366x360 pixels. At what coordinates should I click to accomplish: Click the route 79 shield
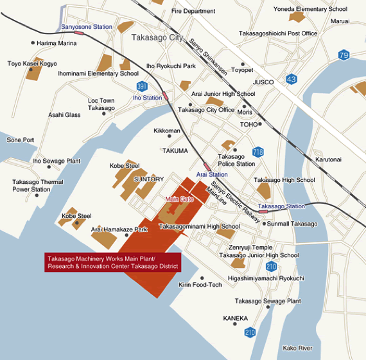344,55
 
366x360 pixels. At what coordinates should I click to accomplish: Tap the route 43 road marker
292,78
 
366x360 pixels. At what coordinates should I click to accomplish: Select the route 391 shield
142,85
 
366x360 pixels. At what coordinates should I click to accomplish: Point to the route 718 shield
258,152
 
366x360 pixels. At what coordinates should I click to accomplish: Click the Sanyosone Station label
86,27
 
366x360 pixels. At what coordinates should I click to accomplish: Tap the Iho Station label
147,98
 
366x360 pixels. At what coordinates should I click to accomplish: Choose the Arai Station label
212,174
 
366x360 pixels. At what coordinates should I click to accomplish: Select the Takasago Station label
281,206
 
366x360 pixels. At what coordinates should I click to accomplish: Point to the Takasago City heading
157,37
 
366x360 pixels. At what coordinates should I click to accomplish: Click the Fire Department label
194,11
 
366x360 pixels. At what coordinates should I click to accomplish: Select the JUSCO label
263,82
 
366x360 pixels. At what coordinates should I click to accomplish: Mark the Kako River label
297,348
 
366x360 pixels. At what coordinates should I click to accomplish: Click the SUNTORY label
149,179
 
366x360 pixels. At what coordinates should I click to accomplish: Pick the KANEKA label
235,318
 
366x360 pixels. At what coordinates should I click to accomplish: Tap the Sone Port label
21,139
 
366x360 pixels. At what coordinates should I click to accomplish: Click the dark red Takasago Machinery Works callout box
112,262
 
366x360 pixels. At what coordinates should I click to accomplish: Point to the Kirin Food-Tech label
200,284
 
